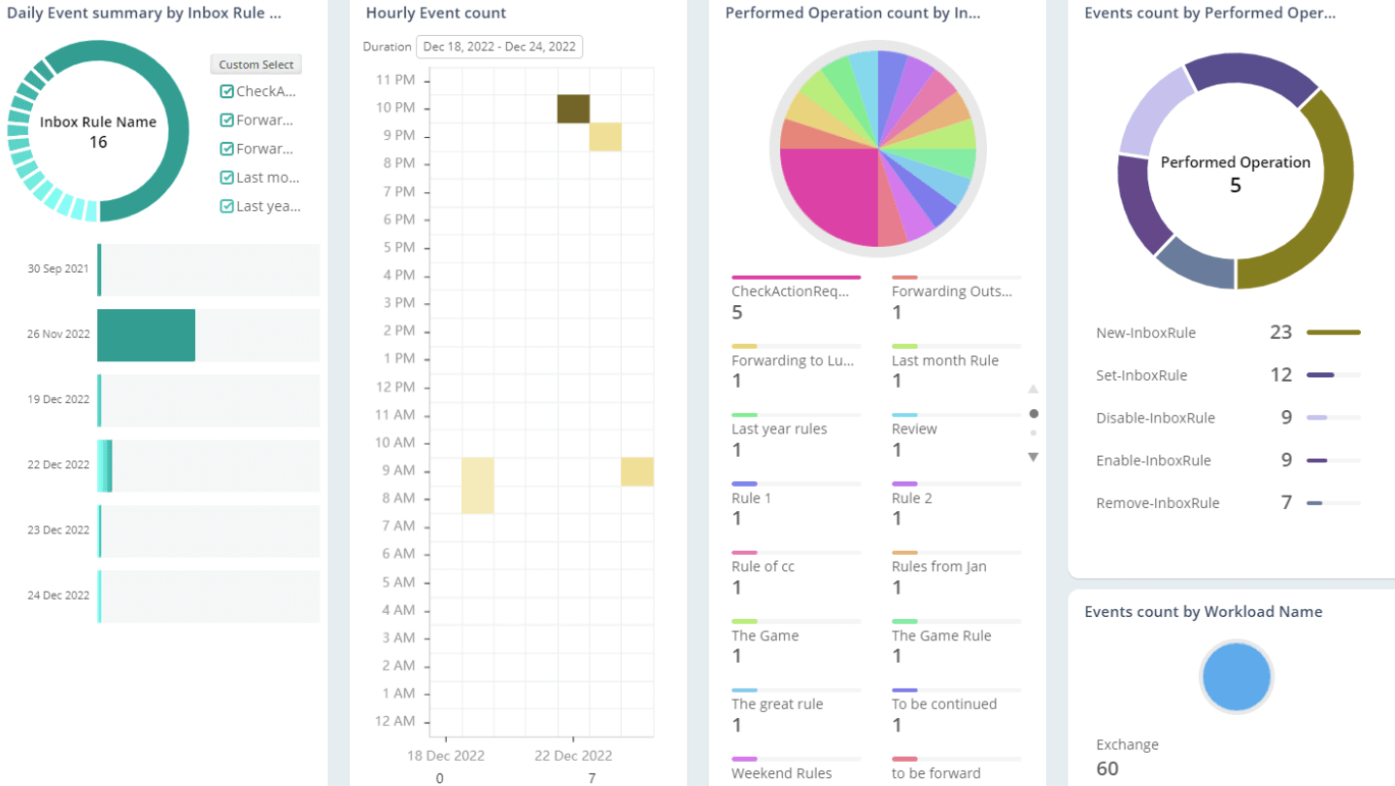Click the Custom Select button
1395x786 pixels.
tap(256, 64)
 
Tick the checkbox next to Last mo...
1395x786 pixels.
tap(227, 178)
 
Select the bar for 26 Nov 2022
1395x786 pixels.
tap(146, 335)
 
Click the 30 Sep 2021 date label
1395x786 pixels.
tap(58, 269)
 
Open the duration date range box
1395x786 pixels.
tap(499, 47)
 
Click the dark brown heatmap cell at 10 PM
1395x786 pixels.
tap(573, 109)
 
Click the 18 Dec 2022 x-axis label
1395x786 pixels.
tap(445, 756)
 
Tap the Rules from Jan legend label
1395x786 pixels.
tap(938, 566)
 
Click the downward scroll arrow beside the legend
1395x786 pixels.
tap(1033, 457)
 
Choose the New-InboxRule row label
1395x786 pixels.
tap(1145, 333)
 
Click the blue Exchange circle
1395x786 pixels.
tap(1236, 677)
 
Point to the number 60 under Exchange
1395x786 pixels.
tap(1107, 769)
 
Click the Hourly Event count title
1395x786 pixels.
tap(435, 14)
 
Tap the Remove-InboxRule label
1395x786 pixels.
tap(1157, 503)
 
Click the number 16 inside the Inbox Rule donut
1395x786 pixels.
tap(98, 143)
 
